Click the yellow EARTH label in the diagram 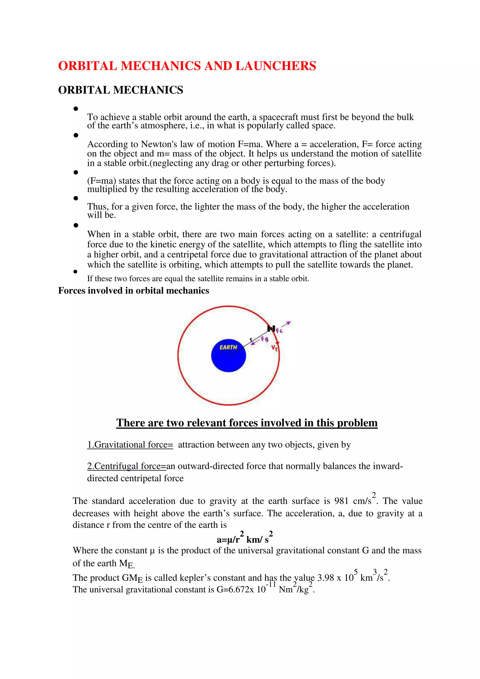click(228, 347)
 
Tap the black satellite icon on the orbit click(271, 328)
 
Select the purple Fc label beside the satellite click(279, 331)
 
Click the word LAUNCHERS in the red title click(276, 66)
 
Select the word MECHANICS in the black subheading click(148, 90)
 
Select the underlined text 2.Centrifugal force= click(127, 466)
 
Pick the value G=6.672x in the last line click(235, 589)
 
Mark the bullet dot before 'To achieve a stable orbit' click(76, 109)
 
